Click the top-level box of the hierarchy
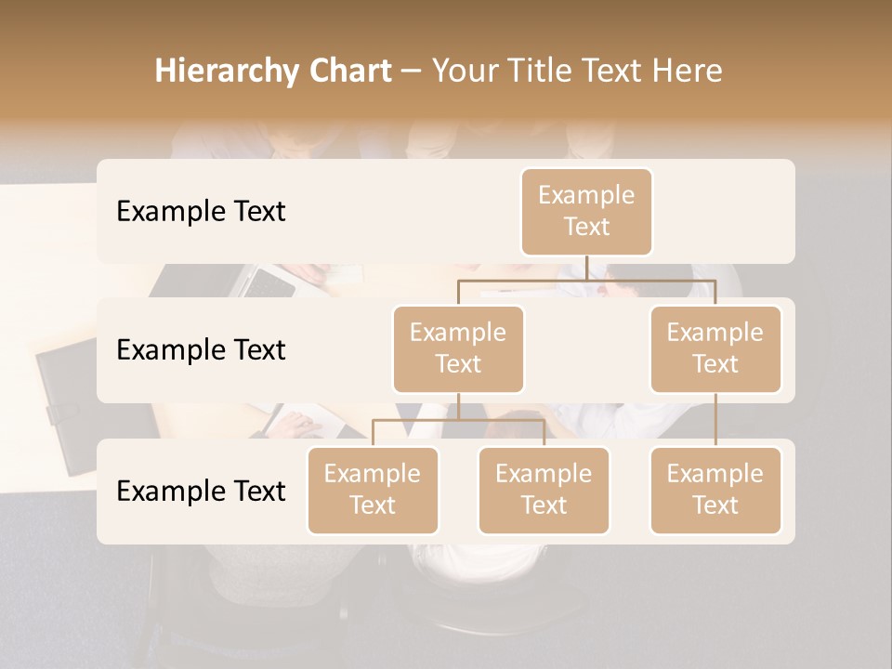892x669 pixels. pyautogui.click(x=586, y=211)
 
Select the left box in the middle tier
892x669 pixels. pyautogui.click(x=458, y=348)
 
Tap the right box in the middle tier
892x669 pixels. pyautogui.click(x=715, y=348)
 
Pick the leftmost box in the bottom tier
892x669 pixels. pyautogui.click(x=373, y=490)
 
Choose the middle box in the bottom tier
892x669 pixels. pyautogui.click(x=544, y=490)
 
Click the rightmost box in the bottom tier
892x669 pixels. pyautogui.click(x=715, y=490)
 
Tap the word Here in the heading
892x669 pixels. pyautogui.click(x=687, y=72)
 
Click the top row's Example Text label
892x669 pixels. pyautogui.click(x=201, y=212)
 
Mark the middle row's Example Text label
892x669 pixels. pyautogui.click(x=201, y=350)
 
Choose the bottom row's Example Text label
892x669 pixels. pyautogui.click(x=201, y=491)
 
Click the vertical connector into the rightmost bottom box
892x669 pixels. pyautogui.click(x=715, y=420)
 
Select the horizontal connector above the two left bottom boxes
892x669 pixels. pyautogui.click(x=458, y=420)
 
